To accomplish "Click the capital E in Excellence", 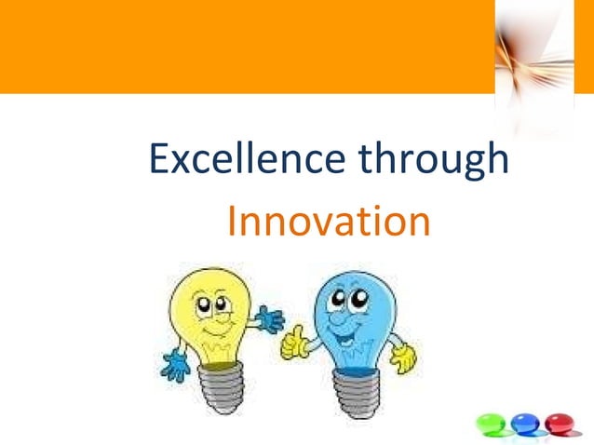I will pyautogui.click(x=159, y=160).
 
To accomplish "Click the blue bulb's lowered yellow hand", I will pyautogui.click(x=403, y=357).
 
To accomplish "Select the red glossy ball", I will pyautogui.click(x=560, y=424).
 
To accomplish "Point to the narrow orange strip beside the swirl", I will pyautogui.click(x=584, y=47).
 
